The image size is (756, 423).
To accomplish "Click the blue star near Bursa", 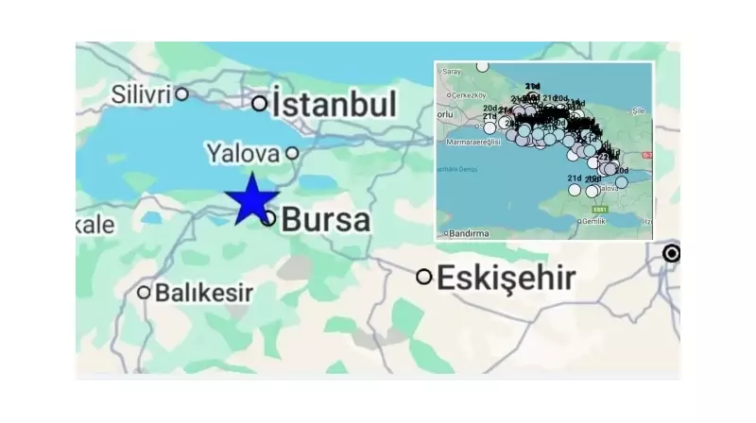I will (x=251, y=200).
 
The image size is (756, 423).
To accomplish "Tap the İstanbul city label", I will (x=334, y=104).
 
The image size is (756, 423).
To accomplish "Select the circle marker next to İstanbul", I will (x=260, y=103).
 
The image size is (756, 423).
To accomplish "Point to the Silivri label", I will (x=140, y=93).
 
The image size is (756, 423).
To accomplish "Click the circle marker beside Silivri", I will (x=181, y=93).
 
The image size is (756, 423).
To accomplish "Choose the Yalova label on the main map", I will (x=243, y=153).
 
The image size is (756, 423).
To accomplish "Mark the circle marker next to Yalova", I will (x=292, y=153).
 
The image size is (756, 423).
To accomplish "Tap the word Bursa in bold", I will (x=326, y=220).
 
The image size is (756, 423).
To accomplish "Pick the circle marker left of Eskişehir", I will (x=424, y=277).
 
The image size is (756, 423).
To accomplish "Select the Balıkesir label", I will (x=203, y=293).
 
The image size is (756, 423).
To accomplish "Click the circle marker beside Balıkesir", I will (x=144, y=293).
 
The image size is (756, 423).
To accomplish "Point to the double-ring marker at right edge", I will (x=672, y=253).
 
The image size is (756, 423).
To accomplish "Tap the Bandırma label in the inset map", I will (x=470, y=233).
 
